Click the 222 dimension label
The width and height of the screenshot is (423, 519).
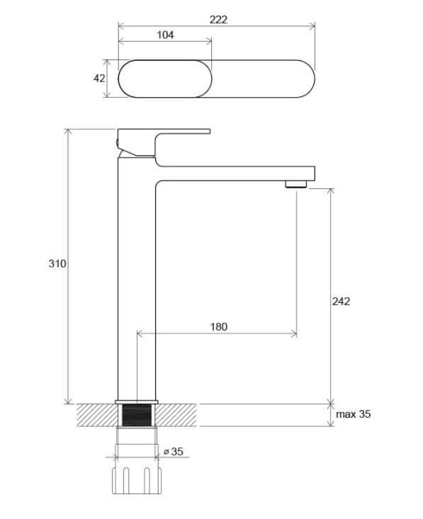coord(218,20)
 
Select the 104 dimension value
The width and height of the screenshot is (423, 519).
coord(165,35)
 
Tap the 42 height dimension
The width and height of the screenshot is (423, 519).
coord(99,79)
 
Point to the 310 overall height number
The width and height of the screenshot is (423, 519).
coord(57,263)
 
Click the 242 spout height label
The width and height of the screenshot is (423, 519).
coord(341,301)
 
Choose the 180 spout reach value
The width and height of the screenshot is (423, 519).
coord(219,326)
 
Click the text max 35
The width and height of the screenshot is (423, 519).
coord(353,414)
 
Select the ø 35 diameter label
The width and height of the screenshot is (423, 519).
coord(174,452)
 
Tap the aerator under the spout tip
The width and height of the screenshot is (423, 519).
coord(296,184)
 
